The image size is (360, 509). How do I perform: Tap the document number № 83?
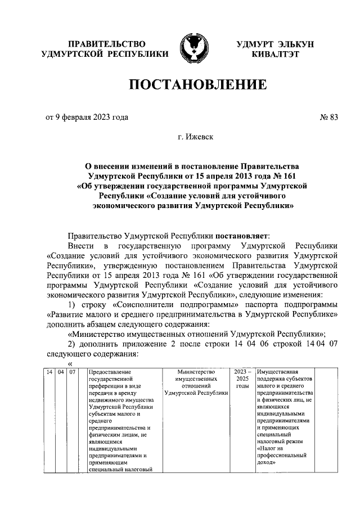328,117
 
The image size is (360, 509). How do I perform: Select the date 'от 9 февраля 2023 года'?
87,117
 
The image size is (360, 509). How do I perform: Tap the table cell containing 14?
49,372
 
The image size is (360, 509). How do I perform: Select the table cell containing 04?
61,372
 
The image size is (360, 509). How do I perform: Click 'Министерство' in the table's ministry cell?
195,372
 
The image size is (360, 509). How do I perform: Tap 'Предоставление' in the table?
109,372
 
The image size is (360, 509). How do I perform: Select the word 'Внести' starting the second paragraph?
78,246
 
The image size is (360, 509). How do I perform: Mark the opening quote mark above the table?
70,363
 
